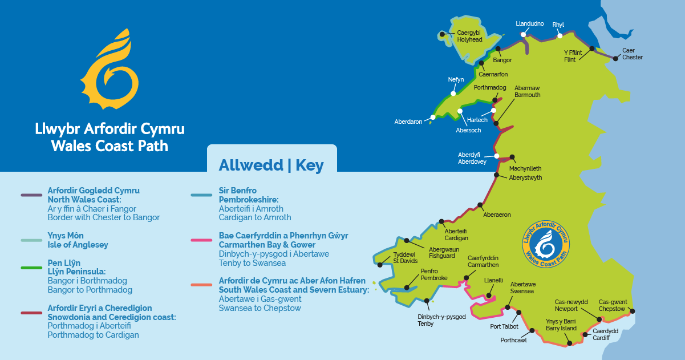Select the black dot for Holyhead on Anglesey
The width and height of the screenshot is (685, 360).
coord(450,35)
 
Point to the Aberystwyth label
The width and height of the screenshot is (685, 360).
coord(525,178)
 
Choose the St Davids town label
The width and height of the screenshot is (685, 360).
coord(405,258)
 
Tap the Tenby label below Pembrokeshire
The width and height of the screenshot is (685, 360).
coord(433,320)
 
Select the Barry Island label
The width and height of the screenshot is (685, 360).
coord(561,325)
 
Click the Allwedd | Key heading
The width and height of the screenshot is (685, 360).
coord(271,165)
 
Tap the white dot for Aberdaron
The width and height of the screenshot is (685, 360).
coord(433,117)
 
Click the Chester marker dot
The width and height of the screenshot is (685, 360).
coord(615,58)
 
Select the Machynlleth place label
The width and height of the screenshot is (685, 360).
coord(525,169)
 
